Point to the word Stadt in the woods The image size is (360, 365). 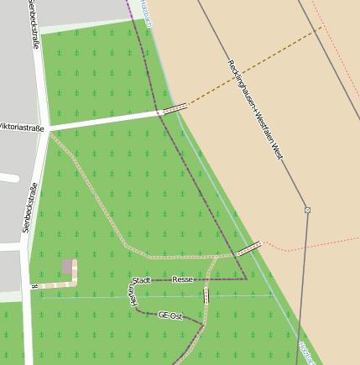point(141,279)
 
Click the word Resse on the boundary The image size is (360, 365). point(183,279)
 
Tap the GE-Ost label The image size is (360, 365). point(170,315)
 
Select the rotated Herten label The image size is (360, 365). point(131,298)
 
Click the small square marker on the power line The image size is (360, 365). point(308,210)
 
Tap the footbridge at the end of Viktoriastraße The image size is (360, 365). point(175,108)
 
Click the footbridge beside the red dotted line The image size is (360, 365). point(248,248)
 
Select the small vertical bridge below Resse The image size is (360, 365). point(206,295)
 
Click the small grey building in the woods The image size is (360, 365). point(67,267)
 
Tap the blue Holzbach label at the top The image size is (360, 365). point(146,12)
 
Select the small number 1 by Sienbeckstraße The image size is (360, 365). point(34,288)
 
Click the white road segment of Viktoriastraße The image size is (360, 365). point(101,120)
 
